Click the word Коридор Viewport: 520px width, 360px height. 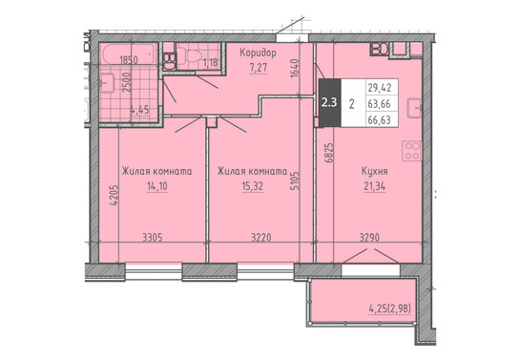click(258, 53)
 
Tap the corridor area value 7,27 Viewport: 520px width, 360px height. click(258, 68)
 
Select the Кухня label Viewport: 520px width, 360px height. click(374, 172)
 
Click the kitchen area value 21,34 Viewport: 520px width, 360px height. click(374, 186)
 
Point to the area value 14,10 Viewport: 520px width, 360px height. click(157, 186)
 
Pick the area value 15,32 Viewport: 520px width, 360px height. click(253, 186)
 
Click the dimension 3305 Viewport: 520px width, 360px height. click(153, 238)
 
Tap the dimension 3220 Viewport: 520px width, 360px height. click(261, 238)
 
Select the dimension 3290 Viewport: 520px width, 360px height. click(369, 238)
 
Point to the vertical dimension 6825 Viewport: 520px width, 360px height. click(329, 153)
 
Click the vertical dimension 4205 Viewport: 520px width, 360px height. click(114, 196)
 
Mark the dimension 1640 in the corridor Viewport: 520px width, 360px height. click(295, 69)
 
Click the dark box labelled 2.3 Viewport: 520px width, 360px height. click(329, 102)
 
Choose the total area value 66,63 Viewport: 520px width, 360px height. click(379, 119)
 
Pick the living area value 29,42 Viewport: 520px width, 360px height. click(380, 88)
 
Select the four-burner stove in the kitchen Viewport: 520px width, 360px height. click(412, 151)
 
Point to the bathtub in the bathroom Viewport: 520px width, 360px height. click(129, 53)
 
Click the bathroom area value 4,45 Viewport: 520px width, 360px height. click(139, 110)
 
